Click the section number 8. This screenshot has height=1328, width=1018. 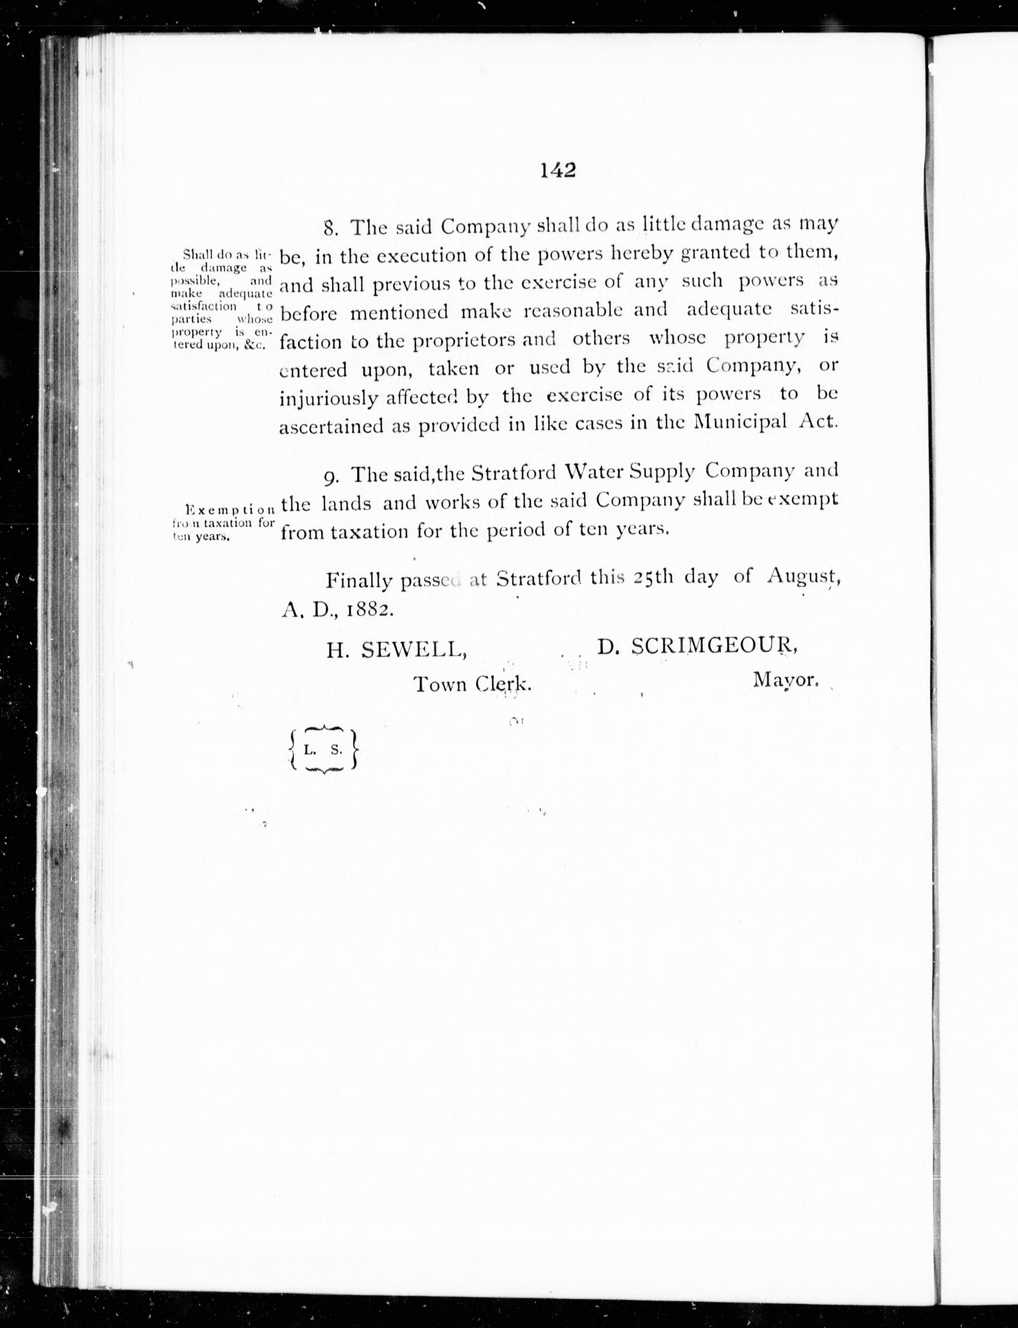tap(330, 229)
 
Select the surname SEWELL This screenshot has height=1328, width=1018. tap(413, 650)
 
